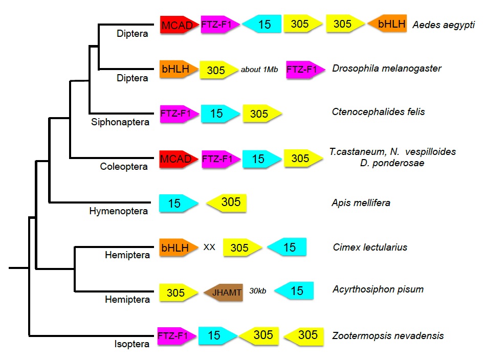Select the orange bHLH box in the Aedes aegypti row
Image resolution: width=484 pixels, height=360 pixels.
tap(388, 24)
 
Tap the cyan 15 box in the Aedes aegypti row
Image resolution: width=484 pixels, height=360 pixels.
tap(262, 24)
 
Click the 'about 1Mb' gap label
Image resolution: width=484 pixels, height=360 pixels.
tap(259, 70)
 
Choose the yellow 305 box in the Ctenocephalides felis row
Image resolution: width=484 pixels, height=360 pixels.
tap(261, 114)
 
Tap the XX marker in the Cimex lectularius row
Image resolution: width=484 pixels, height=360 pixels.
tap(209, 247)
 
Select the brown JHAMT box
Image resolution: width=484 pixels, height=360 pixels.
tap(223, 292)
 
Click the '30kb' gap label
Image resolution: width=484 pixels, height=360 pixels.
tap(258, 291)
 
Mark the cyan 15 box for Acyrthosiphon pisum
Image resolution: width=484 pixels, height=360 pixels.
tap(294, 291)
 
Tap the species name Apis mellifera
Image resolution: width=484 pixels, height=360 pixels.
tap(361, 203)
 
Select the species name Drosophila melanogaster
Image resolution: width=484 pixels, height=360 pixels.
tap(386, 68)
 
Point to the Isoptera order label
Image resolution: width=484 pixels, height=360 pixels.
tap(131, 344)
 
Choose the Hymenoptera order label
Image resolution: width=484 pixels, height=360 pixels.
tap(119, 211)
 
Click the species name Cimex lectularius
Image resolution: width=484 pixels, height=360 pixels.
tap(370, 247)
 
